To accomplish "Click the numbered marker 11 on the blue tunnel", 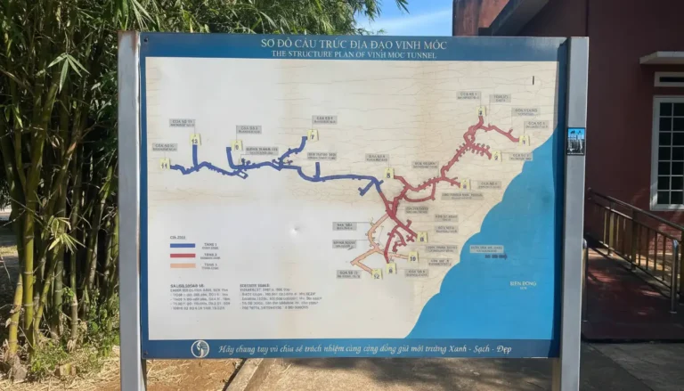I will pos(165,165).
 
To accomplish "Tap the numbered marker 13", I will pos(195,139).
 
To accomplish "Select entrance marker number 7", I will pos(313,134).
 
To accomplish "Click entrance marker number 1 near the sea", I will pos(524,140).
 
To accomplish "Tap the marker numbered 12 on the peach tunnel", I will pos(377,274).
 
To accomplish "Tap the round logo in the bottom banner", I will pos(200,347).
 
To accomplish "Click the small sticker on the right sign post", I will pos(576,141).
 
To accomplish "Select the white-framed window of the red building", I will pos(667,151).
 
